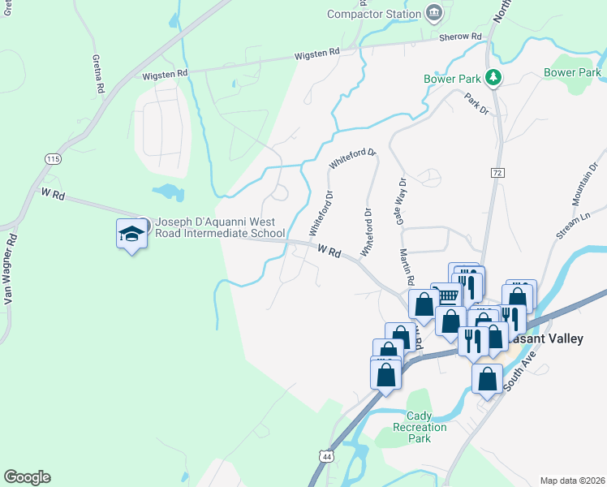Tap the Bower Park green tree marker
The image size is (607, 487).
(x=491, y=78)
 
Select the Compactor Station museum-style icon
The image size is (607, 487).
(x=434, y=13)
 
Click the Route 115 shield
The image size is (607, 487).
(x=54, y=158)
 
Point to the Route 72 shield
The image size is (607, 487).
(x=497, y=173)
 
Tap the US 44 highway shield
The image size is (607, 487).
(x=325, y=457)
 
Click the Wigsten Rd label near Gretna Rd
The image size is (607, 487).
(x=166, y=73)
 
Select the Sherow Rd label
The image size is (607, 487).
(x=460, y=37)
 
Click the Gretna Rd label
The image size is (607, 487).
(x=99, y=75)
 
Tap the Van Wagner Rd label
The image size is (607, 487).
(x=10, y=268)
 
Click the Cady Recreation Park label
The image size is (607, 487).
(x=420, y=427)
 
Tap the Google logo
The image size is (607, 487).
(x=27, y=477)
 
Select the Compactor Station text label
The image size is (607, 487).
(x=373, y=14)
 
